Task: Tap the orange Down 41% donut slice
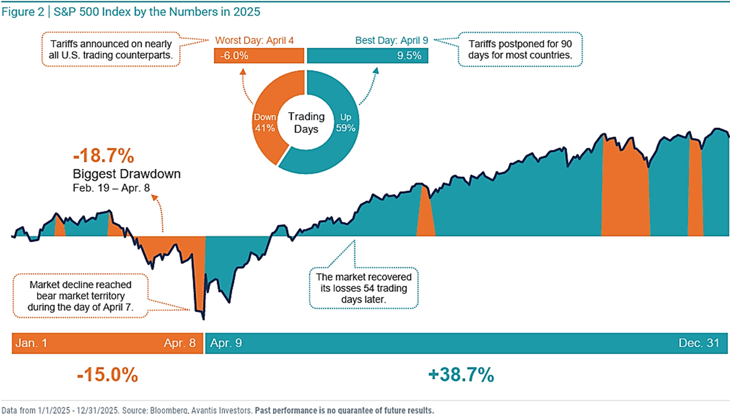click(266, 123)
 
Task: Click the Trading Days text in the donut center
click(306, 122)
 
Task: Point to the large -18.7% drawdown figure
click(103, 157)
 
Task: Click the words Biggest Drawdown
click(126, 174)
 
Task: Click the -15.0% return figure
click(107, 376)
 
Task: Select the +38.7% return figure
click(461, 376)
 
